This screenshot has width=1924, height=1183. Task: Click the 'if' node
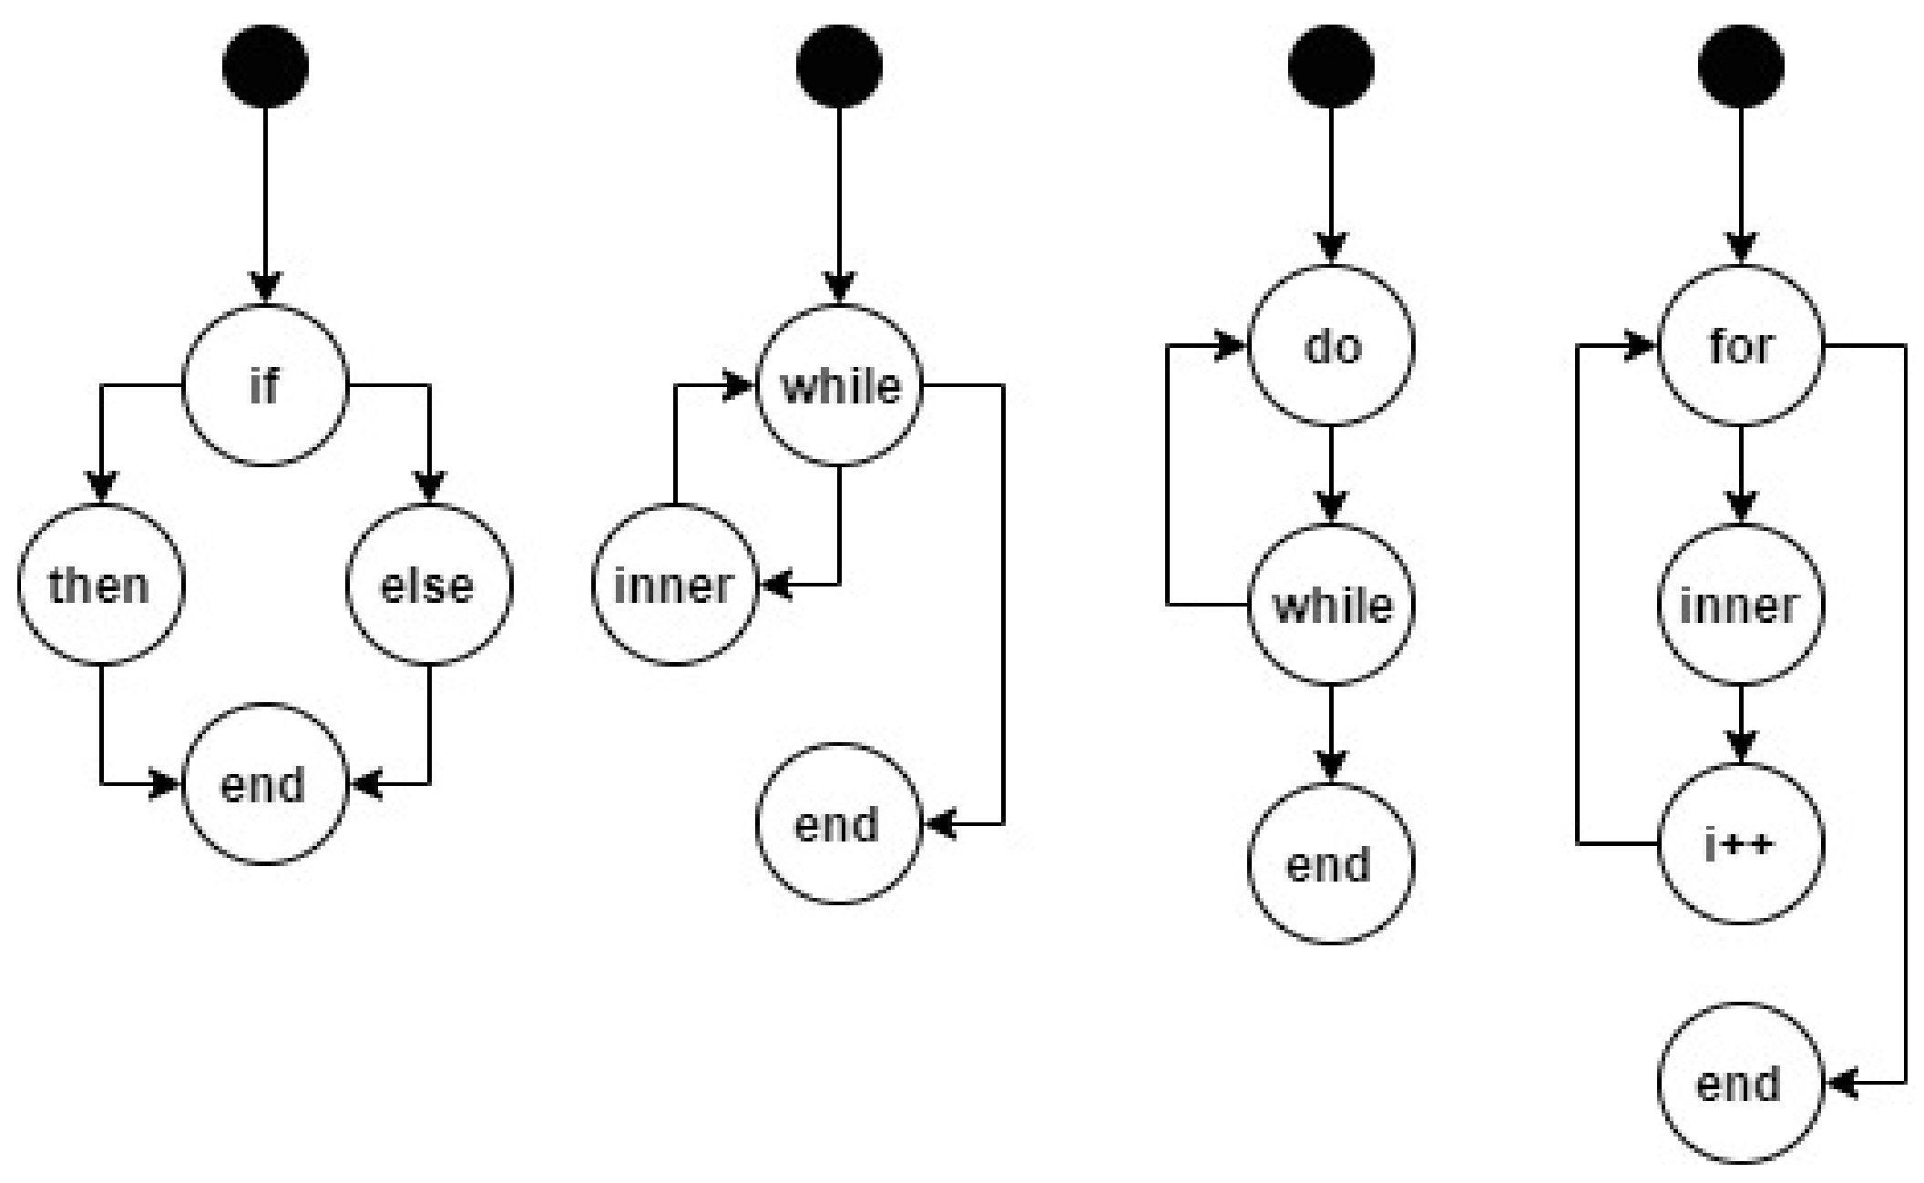(x=265, y=385)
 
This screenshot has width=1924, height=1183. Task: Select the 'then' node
(x=100, y=585)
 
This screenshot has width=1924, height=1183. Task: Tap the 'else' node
(x=429, y=585)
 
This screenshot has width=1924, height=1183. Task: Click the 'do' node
(x=1331, y=346)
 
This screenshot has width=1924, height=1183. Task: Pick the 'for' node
(x=1741, y=346)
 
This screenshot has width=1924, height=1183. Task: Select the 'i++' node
(x=1741, y=844)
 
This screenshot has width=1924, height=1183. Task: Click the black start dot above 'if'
(x=265, y=66)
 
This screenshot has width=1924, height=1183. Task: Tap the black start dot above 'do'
(x=1331, y=66)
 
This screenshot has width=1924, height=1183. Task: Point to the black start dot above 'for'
(x=1741, y=66)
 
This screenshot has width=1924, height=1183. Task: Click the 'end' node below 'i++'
(x=1741, y=1084)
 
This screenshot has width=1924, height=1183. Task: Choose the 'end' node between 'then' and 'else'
(x=265, y=783)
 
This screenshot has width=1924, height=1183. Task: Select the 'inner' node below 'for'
(x=1741, y=605)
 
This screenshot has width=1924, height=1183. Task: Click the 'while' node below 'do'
(x=1331, y=605)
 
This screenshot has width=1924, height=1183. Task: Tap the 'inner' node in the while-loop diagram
(x=674, y=585)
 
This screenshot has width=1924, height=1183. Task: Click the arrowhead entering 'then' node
(x=100, y=488)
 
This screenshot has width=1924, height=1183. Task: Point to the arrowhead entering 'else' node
(x=429, y=488)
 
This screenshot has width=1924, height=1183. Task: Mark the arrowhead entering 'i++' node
(x=1741, y=749)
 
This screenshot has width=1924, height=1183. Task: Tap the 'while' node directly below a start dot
(x=839, y=385)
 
